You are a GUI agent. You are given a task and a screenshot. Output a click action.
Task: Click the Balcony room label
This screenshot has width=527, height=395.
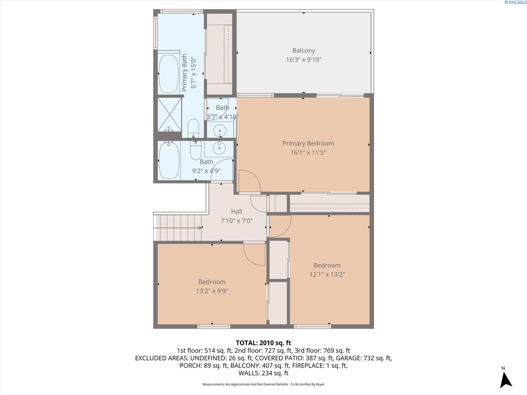(x=303, y=51)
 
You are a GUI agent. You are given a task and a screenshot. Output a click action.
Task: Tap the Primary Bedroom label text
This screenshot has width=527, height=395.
(x=308, y=144)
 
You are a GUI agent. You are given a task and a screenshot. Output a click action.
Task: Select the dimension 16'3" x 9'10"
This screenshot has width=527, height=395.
(x=303, y=60)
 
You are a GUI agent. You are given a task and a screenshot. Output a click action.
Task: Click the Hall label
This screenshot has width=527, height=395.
(x=236, y=212)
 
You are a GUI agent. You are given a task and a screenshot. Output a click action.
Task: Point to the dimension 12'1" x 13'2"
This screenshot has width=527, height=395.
(x=327, y=275)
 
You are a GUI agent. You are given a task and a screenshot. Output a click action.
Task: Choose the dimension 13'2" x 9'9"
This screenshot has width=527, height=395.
(x=212, y=291)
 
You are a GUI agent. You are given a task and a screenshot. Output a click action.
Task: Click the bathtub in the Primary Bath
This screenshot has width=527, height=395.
(x=168, y=74)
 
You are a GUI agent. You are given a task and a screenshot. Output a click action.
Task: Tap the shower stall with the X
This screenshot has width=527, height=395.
(x=169, y=114)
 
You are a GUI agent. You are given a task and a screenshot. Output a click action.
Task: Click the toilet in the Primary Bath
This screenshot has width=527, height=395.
(x=193, y=128)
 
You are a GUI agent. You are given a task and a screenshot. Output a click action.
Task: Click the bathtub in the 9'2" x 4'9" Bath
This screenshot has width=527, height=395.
(x=169, y=161)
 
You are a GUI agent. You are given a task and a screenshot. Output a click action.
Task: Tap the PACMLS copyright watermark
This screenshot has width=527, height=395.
(x=515, y=2)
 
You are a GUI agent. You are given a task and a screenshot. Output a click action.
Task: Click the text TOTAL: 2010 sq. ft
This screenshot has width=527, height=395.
(x=263, y=343)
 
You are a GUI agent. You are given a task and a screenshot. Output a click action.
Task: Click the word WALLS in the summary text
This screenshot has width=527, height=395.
(x=249, y=373)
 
